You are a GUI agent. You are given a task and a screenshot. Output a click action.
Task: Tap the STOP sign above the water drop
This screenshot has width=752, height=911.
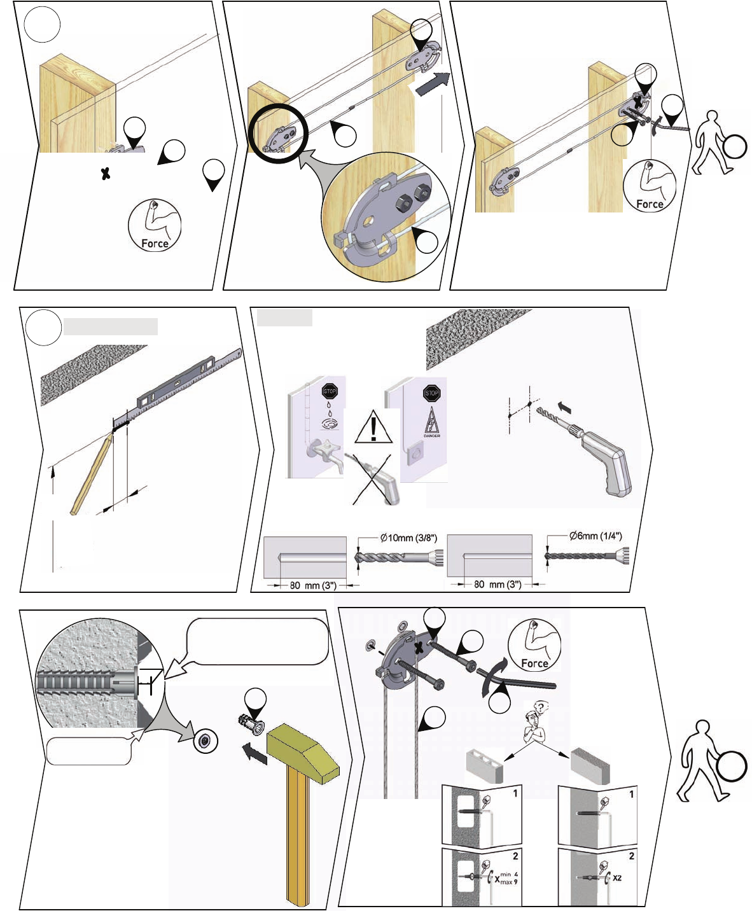330,391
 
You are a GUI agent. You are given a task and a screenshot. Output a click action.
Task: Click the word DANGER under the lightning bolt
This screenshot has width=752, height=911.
432,436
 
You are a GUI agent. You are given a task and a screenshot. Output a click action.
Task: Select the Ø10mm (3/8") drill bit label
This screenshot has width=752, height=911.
408,538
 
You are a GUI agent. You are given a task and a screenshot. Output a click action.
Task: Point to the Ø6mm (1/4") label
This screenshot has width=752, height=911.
595,536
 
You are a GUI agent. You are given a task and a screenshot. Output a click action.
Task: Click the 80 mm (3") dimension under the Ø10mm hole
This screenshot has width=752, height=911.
312,585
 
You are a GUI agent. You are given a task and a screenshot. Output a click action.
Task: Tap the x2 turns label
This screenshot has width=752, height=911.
616,878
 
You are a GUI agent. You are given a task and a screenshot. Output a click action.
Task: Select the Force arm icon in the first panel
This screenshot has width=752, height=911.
155,225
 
